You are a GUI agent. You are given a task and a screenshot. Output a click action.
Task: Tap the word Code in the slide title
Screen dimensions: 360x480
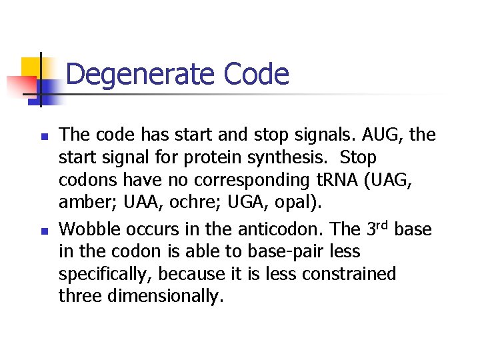pyautogui.click(x=257, y=75)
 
